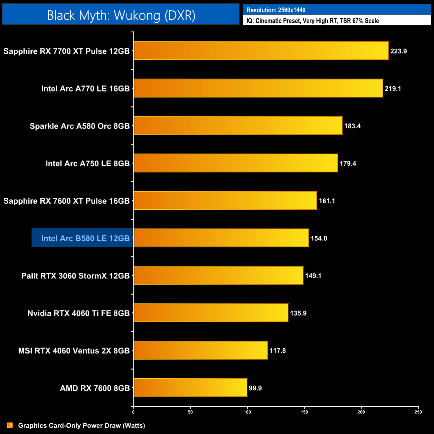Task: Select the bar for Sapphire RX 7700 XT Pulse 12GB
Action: [261, 51]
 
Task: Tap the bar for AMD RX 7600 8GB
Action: [190, 388]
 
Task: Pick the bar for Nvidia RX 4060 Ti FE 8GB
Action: [211, 313]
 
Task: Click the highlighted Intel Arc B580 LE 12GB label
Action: [85, 238]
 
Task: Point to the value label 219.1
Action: [393, 89]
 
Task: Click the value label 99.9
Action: [255, 388]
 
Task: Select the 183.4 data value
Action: [352, 126]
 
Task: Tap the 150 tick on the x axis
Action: [304, 412]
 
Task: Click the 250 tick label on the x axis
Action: [418, 412]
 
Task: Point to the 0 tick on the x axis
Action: [133, 412]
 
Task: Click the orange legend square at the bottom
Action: [10, 425]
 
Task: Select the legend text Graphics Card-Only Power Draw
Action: [81, 426]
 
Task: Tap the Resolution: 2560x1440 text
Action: [276, 10]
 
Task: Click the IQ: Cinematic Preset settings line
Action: [312, 21]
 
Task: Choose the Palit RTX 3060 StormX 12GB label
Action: [75, 276]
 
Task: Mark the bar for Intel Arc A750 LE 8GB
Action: [236, 163]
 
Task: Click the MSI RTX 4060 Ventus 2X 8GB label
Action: [74, 351]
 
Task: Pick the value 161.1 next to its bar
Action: [327, 201]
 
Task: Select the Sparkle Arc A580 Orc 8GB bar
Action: [238, 126]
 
